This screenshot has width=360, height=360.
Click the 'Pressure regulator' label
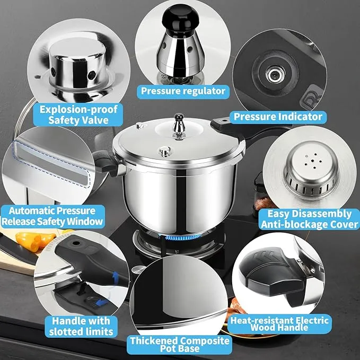click(x=183, y=91)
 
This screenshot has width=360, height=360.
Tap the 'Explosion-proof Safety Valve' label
click(x=78, y=115)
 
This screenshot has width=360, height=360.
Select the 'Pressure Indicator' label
click(x=278, y=117)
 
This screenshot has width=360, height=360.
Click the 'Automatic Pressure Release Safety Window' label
click(x=52, y=216)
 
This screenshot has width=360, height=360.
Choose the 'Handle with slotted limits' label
click(x=81, y=326)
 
